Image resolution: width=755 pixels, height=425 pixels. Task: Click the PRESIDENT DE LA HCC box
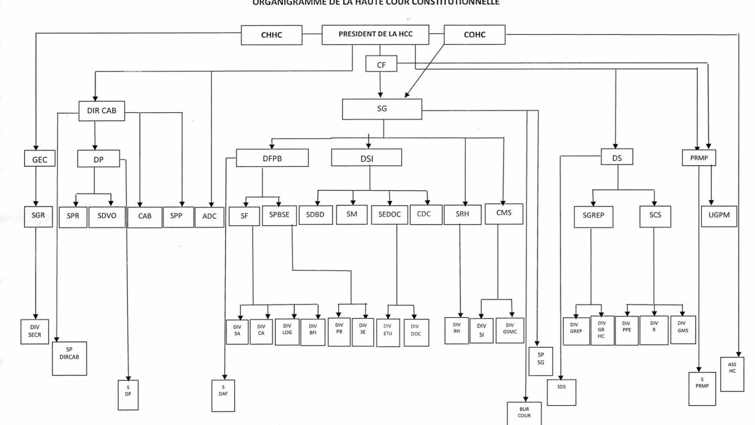(x=375, y=34)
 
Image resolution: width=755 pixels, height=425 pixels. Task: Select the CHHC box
(x=271, y=35)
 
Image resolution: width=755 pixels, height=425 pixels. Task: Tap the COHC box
(x=474, y=34)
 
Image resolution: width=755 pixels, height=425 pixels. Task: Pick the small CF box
(x=381, y=64)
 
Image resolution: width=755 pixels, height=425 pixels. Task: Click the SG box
(x=382, y=109)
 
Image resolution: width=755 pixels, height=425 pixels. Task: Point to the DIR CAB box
(x=101, y=111)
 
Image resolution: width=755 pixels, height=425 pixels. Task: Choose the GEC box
(x=40, y=159)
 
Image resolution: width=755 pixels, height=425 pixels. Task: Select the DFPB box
(x=272, y=158)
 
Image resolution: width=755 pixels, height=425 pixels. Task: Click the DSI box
(x=367, y=158)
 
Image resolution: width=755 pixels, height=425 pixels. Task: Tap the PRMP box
(x=699, y=158)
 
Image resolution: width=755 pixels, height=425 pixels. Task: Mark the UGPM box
(x=719, y=215)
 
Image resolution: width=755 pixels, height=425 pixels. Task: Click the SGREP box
(x=593, y=216)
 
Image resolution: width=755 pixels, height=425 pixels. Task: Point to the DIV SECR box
(x=35, y=331)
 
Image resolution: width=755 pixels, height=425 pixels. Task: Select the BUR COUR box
(x=524, y=413)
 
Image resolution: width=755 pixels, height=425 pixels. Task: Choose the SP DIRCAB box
(x=69, y=358)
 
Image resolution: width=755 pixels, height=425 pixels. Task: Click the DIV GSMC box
(x=510, y=330)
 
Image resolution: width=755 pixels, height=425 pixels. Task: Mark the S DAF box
(x=223, y=395)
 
